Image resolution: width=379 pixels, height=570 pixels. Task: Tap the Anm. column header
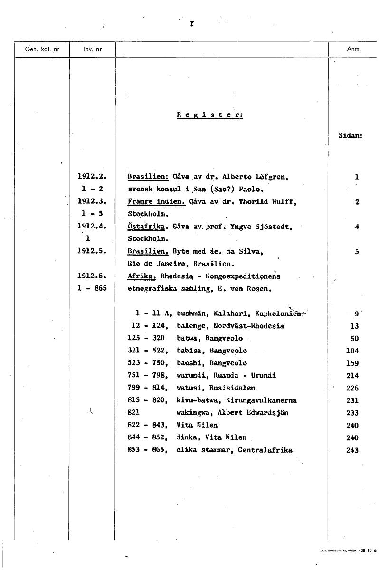click(354, 49)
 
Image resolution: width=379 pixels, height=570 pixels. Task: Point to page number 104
click(352, 351)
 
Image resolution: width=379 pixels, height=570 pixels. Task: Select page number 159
click(352, 363)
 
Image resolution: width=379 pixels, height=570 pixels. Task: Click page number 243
click(352, 450)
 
